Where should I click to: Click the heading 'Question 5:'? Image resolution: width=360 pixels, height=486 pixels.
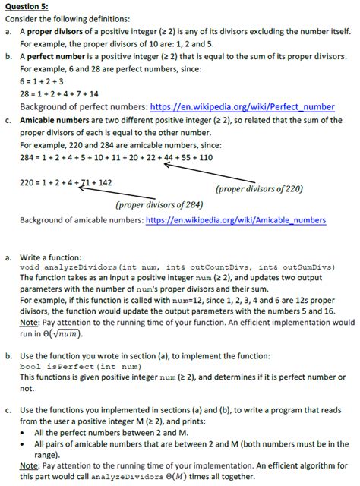(x=27, y=7)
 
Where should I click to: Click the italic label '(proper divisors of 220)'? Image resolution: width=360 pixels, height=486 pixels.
(x=259, y=188)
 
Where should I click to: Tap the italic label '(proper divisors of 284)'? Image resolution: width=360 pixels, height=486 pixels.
(x=159, y=204)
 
